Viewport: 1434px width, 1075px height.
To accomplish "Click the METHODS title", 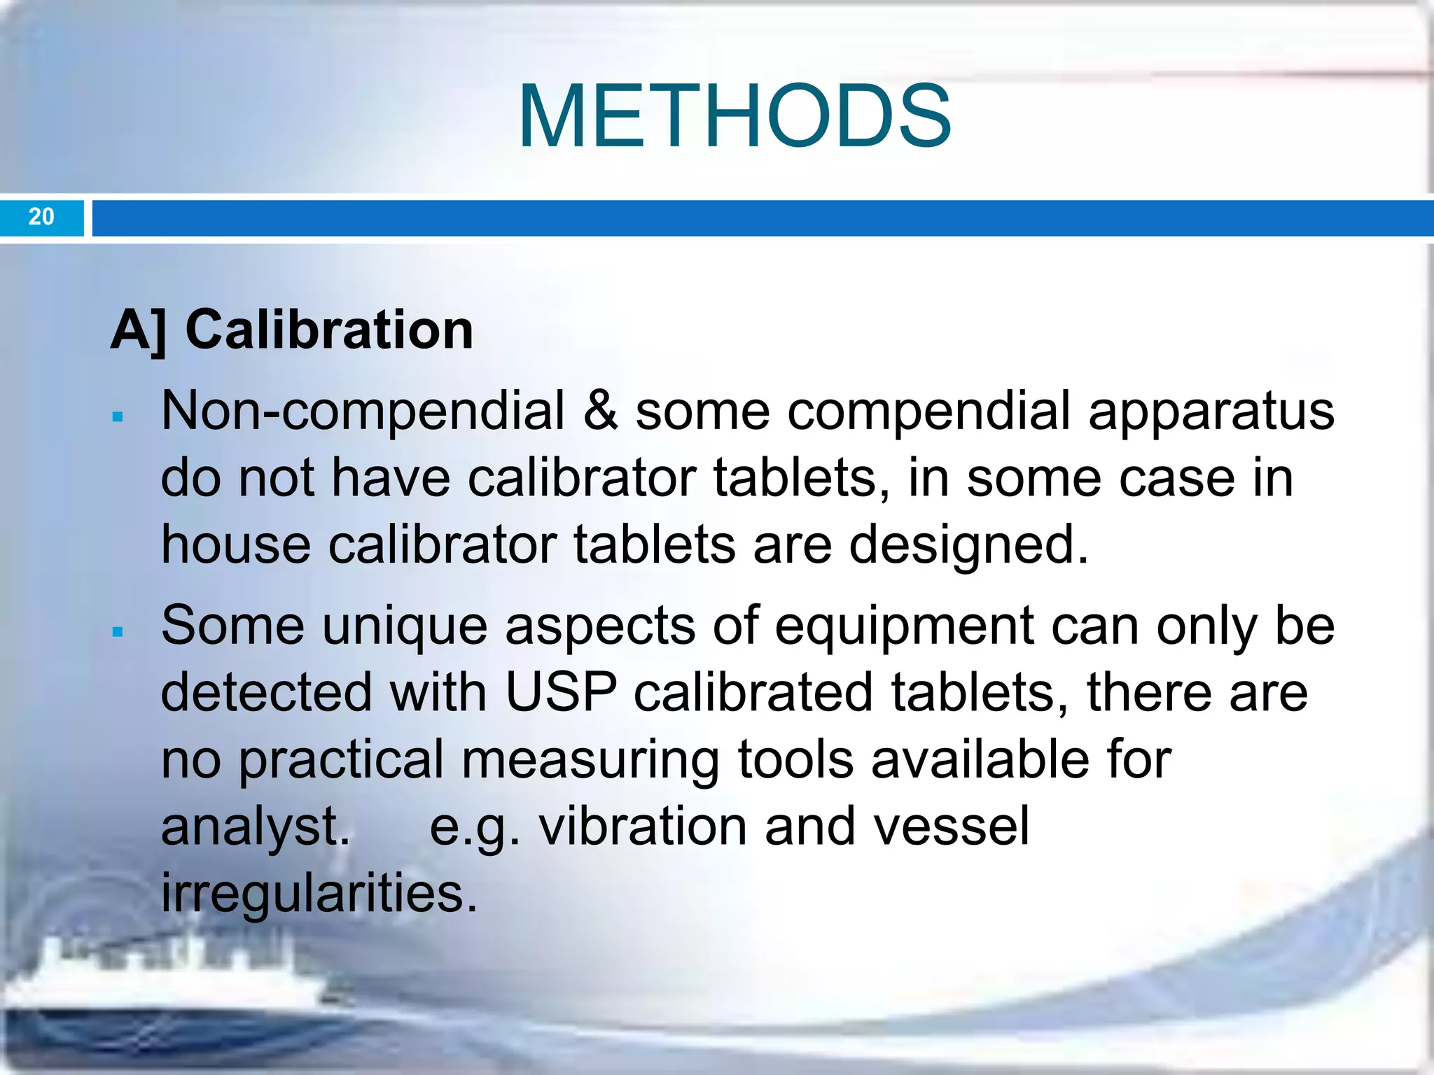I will click(x=735, y=116).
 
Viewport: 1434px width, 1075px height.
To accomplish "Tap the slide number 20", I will click(x=41, y=216).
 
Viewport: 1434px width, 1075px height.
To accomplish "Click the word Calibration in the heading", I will click(x=329, y=330).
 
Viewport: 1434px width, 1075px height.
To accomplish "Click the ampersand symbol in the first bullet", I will click(x=600, y=410).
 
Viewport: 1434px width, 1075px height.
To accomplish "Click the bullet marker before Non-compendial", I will click(x=118, y=418).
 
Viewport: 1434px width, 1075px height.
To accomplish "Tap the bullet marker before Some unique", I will click(x=118, y=632).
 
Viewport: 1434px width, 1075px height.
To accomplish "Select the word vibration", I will click(x=643, y=827).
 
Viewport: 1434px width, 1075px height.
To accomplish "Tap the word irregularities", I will click(x=319, y=894).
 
